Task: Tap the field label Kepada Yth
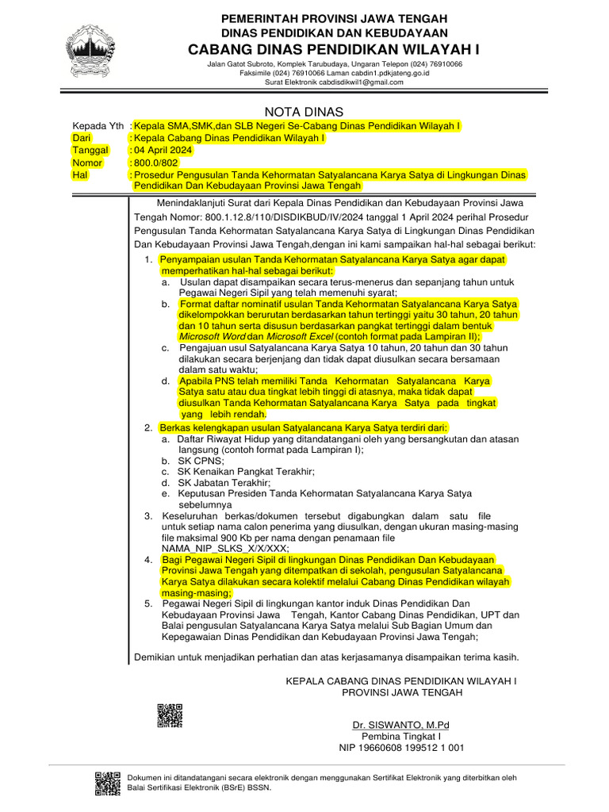[x=98, y=126]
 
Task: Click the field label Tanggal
[x=90, y=150]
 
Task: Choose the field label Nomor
[x=87, y=163]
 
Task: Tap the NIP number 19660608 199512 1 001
[x=401, y=747]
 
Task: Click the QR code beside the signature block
[x=170, y=715]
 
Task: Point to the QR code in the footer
[x=108, y=783]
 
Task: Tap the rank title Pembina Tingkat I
[x=401, y=736]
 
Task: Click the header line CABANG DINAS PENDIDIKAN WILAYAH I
[x=334, y=49]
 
